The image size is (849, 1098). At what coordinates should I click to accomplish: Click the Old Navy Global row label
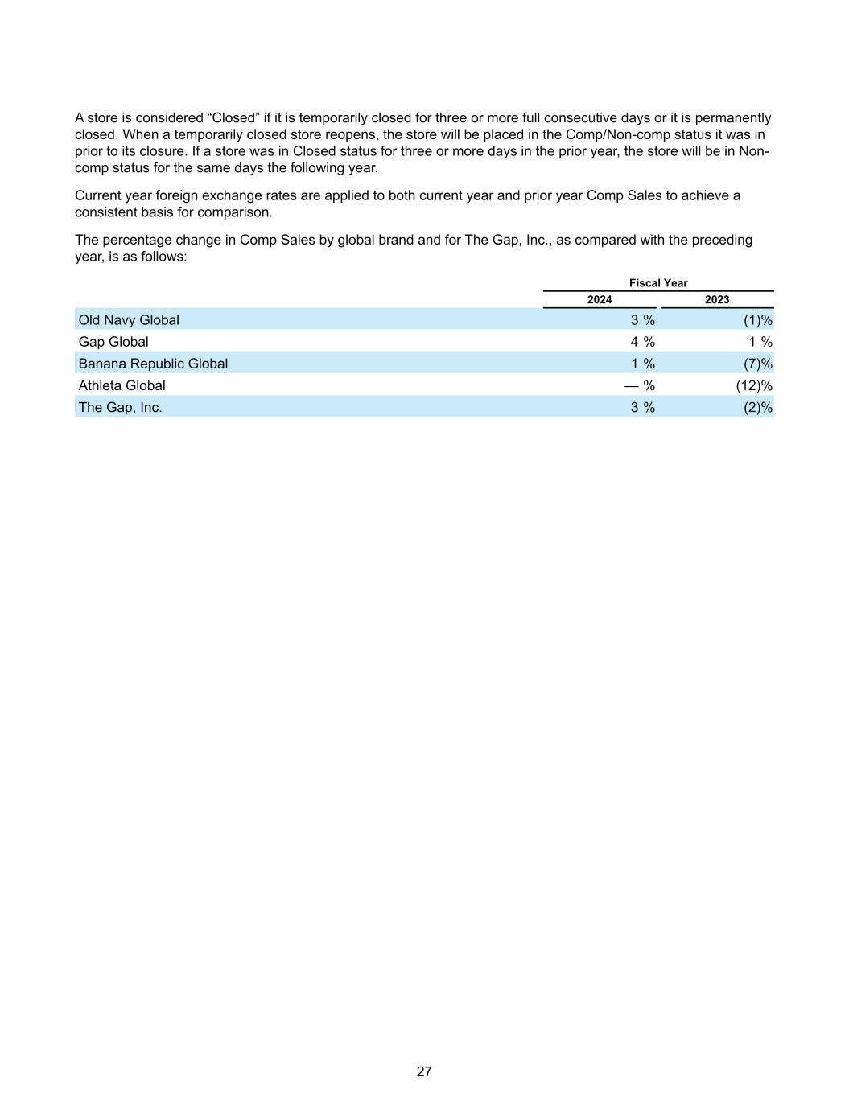click(129, 320)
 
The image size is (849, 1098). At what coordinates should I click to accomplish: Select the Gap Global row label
click(113, 342)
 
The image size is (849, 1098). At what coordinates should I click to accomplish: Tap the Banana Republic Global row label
click(153, 364)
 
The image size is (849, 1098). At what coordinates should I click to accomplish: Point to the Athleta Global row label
click(122, 385)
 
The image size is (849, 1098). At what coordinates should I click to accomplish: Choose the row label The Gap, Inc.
click(120, 407)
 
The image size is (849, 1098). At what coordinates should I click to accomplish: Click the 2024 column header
click(600, 300)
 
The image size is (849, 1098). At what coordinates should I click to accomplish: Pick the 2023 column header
click(717, 300)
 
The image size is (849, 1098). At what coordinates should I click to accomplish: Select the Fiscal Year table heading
click(658, 283)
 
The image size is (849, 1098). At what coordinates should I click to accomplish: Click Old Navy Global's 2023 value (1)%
click(757, 320)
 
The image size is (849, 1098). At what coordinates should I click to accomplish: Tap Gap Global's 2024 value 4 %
click(642, 342)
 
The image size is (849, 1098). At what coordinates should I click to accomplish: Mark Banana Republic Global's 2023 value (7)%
click(757, 364)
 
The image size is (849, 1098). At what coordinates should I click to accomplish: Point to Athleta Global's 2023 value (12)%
click(754, 385)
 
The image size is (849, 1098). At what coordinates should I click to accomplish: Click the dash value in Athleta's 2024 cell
click(632, 385)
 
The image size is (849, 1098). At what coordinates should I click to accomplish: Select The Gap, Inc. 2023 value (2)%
click(757, 407)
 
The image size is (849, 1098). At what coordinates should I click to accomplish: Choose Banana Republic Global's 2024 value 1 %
click(642, 364)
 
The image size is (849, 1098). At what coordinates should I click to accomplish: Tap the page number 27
click(424, 1071)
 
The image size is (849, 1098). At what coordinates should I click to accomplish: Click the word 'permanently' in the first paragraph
click(732, 118)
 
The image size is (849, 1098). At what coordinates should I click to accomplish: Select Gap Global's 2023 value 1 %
click(760, 342)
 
